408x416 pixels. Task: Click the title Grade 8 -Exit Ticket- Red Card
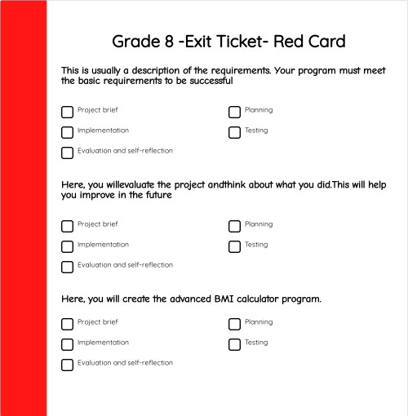coord(228,41)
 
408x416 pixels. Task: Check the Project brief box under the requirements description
coord(67,112)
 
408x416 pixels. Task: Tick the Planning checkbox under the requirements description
coord(234,112)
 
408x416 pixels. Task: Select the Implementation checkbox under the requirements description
coord(67,132)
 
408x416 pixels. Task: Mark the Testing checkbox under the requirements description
coord(234,132)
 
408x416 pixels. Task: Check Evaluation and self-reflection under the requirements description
coord(67,153)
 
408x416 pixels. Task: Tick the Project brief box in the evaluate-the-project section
coord(67,226)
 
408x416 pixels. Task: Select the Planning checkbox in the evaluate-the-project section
coord(234,226)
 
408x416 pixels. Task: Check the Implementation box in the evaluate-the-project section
coord(67,246)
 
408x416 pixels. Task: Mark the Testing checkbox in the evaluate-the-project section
coord(234,246)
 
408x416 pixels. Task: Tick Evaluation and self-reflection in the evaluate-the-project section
coord(67,267)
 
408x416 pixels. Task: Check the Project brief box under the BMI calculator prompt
coord(67,324)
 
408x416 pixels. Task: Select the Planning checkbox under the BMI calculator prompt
coord(234,324)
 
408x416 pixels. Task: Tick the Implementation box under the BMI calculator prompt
coord(67,344)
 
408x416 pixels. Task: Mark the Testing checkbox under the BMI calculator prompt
coord(234,344)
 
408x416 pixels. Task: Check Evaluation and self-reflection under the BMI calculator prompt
coord(67,365)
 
